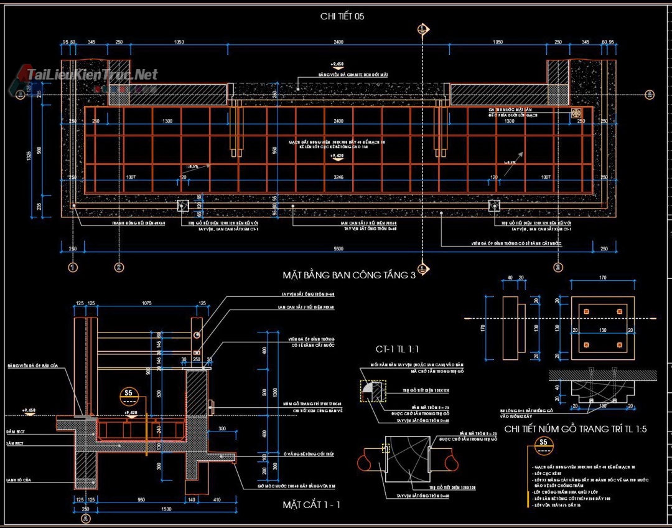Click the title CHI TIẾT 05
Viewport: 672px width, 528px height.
[342, 16]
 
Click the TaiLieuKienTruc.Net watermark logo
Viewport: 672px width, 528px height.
[87, 75]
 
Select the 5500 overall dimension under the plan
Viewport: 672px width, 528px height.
[338, 248]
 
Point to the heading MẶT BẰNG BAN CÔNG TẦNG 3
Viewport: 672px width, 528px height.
[348, 275]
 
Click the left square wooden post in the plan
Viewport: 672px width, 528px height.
[183, 206]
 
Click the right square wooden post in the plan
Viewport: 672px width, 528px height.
[494, 206]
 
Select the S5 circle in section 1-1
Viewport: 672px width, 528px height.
[129, 393]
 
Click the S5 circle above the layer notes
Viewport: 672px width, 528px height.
[543, 443]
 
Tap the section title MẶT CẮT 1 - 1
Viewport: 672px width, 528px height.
[311, 504]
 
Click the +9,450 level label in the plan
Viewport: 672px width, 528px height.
[337, 64]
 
